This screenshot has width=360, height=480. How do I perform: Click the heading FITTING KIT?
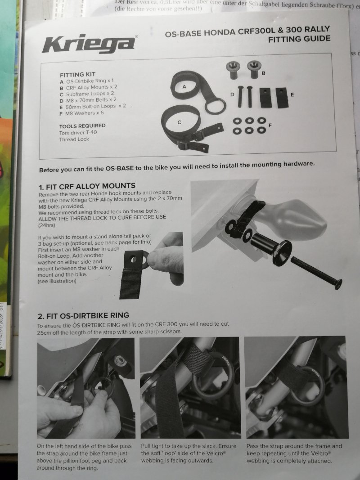click(77, 74)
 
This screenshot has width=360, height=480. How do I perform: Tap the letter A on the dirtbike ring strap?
click(184, 87)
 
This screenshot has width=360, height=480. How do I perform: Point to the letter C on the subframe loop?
click(180, 122)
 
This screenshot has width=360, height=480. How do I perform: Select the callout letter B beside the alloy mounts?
click(264, 73)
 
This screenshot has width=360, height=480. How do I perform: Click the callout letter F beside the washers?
click(270, 125)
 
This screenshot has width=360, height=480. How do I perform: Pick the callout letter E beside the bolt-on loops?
click(292, 94)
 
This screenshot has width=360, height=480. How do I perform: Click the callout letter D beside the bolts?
click(232, 94)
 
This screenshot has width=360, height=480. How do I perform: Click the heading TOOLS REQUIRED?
click(82, 126)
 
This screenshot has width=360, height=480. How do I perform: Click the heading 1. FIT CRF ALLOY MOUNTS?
click(87, 186)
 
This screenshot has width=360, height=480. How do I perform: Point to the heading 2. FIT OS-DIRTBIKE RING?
click(83, 316)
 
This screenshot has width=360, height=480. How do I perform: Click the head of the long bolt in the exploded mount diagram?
click(338, 284)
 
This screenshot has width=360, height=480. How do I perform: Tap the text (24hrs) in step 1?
click(46, 226)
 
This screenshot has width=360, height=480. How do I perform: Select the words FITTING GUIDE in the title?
click(299, 39)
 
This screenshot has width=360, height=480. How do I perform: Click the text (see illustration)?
click(57, 281)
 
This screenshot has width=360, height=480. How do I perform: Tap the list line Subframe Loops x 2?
click(87, 94)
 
